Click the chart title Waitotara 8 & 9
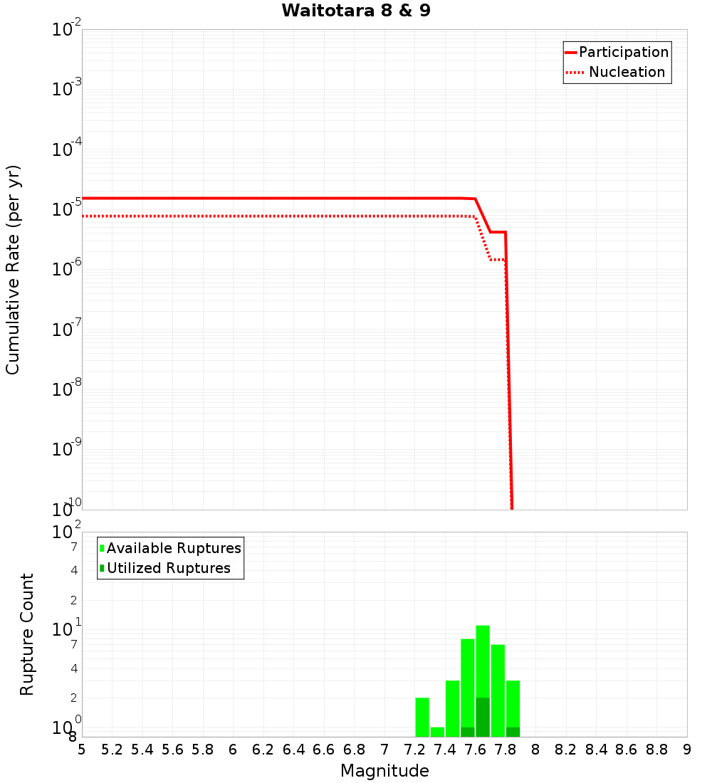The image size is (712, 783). pos(356,11)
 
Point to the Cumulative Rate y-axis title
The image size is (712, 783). pos(13,269)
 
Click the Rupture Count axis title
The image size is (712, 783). pos(27,634)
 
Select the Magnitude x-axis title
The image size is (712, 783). pos(384,771)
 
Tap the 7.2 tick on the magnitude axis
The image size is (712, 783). pos(414,750)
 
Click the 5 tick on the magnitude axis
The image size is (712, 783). pos(82,750)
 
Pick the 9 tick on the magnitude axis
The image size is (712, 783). pos(687,750)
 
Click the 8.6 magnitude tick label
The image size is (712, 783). pos(627,750)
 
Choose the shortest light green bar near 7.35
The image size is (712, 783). pos(437,732)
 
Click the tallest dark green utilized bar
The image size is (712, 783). pos(483,717)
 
